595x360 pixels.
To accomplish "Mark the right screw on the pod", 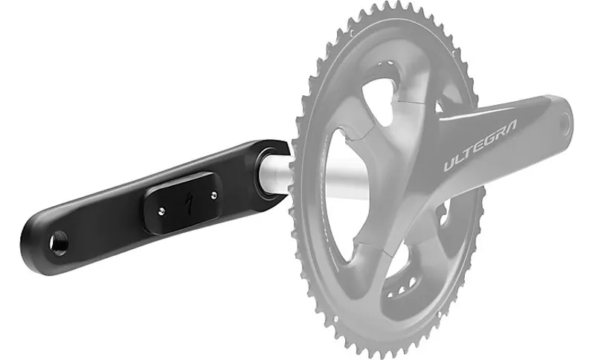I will click(x=213, y=196).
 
